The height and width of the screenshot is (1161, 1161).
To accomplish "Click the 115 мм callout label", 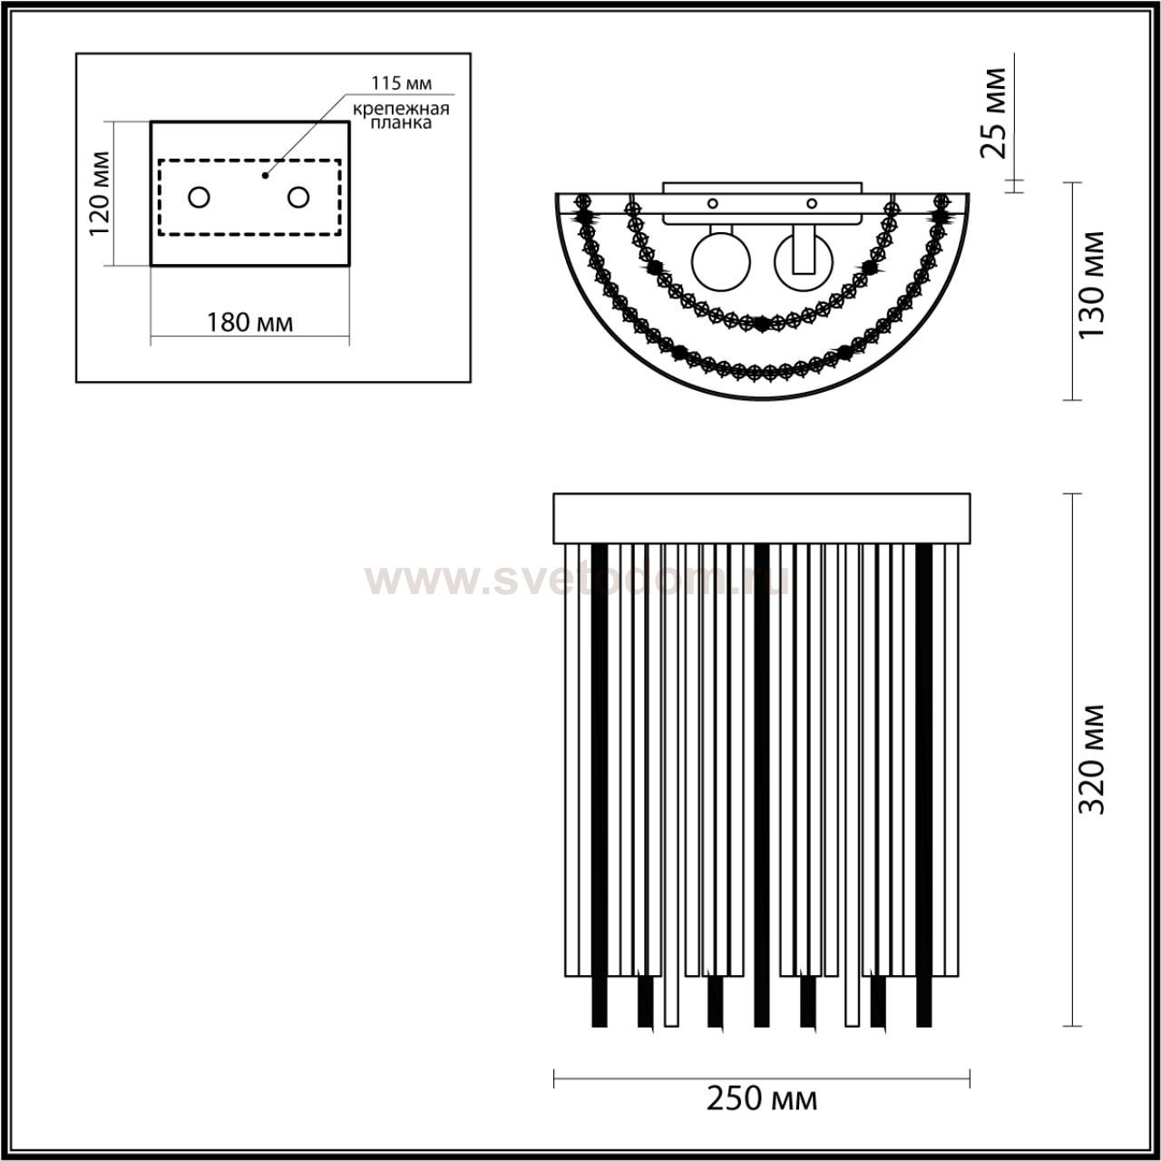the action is tap(401, 83).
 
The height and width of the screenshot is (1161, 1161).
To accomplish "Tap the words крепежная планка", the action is tap(401, 116).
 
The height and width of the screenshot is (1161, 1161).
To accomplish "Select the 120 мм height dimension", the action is tap(100, 193).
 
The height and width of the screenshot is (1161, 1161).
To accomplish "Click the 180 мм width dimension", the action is tap(250, 323).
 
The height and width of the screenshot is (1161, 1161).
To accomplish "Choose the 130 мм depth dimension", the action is tap(1091, 285).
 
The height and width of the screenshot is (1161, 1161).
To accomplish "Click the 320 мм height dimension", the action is tap(1091, 759).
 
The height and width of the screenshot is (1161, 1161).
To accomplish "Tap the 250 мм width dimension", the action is tap(762, 1099).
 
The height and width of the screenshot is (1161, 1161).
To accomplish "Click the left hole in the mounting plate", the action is tap(199, 197).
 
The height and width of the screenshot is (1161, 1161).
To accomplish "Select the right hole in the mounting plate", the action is tap(298, 197).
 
